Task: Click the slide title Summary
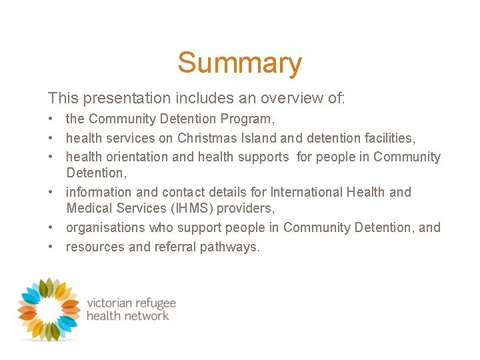tap(239, 63)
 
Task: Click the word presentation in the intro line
tap(127, 99)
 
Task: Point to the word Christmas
tap(207, 138)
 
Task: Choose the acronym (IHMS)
tap(190, 209)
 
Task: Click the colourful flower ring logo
tap(49, 309)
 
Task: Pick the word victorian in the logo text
tap(111, 303)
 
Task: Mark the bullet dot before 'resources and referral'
tap(51, 247)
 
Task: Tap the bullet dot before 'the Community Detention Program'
tap(51, 119)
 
